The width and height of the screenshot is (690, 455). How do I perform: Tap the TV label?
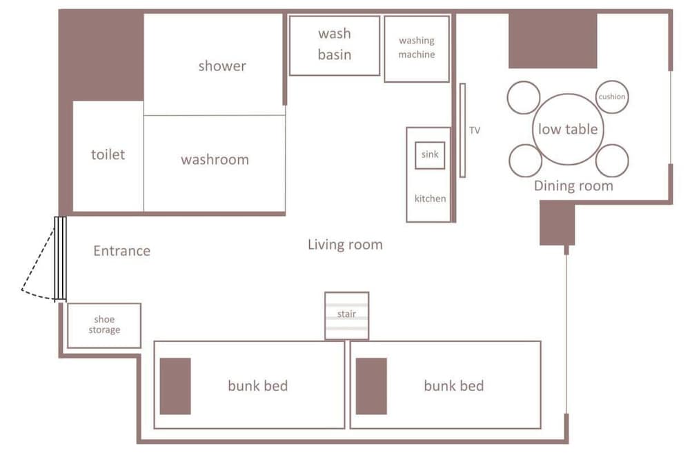[x=475, y=130]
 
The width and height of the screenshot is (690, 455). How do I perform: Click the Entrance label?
[x=122, y=250]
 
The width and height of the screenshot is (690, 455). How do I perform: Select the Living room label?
[x=345, y=245]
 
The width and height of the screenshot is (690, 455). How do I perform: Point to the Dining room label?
[x=573, y=186]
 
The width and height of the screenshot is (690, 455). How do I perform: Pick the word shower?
[x=222, y=66]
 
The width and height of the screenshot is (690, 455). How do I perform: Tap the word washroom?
[x=215, y=159]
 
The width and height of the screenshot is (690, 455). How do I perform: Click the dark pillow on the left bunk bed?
[x=175, y=386]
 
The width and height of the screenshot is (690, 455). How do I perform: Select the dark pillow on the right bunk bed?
[x=371, y=386]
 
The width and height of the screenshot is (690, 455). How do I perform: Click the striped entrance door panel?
[x=60, y=259]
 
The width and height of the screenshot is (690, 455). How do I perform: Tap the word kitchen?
[x=430, y=199]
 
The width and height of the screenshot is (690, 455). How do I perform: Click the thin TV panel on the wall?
[x=462, y=130]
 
